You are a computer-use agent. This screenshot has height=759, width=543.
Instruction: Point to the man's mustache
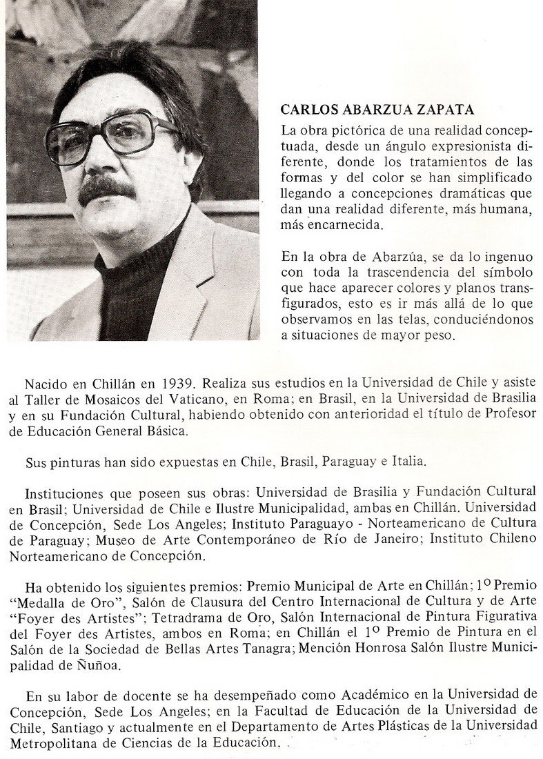[105, 188]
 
